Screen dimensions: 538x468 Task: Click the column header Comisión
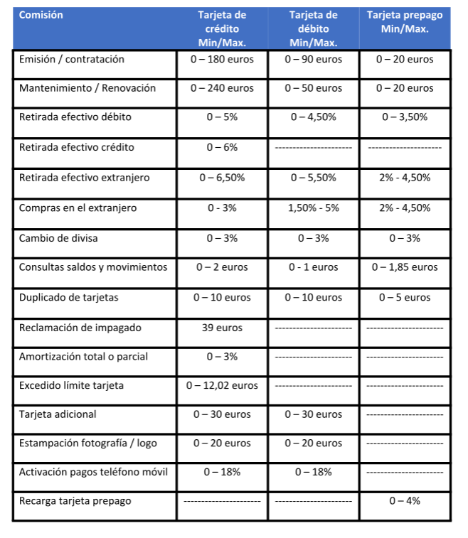click(x=41, y=15)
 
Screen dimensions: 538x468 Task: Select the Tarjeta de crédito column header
click(x=222, y=28)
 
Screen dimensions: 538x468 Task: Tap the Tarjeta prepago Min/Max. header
click(x=405, y=22)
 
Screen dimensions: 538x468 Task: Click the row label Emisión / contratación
click(x=72, y=60)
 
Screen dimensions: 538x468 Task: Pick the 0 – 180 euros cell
click(x=222, y=60)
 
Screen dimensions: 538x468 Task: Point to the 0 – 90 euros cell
click(x=313, y=60)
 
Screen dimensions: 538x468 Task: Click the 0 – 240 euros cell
click(x=222, y=89)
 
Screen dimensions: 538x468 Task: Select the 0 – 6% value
click(x=222, y=148)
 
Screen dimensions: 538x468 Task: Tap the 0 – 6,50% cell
click(x=222, y=178)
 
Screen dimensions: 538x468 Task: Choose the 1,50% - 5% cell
click(x=313, y=208)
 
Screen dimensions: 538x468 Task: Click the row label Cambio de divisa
click(x=58, y=238)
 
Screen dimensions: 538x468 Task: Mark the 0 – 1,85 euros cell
click(x=405, y=268)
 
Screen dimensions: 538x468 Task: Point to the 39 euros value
click(x=222, y=328)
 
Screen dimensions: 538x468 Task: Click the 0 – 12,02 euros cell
click(x=222, y=386)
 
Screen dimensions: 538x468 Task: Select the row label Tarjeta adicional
click(x=58, y=414)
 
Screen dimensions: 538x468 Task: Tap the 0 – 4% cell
click(x=405, y=501)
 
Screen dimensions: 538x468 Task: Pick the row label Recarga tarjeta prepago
click(x=75, y=501)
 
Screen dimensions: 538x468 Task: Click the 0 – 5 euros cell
click(x=405, y=298)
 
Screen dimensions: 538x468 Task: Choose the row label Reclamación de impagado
click(x=80, y=328)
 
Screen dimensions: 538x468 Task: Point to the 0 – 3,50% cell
click(x=405, y=117)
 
